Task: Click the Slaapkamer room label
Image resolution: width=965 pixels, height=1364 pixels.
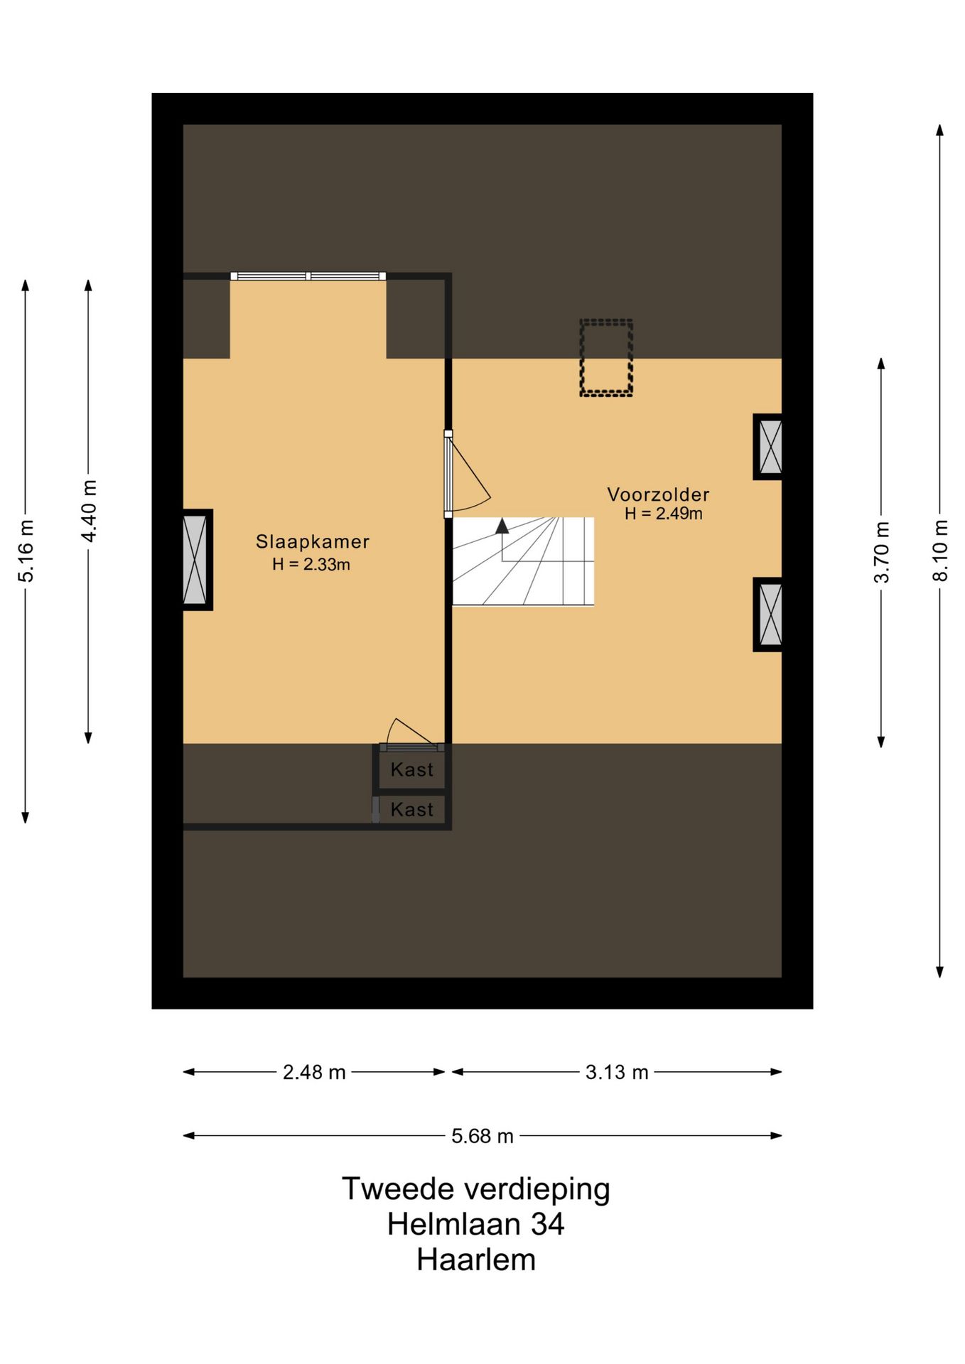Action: point(313,541)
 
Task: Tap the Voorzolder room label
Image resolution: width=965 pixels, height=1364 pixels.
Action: point(658,494)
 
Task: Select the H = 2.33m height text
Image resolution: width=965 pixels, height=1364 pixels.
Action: point(311,565)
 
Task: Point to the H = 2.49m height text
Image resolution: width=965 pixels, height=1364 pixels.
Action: point(664,514)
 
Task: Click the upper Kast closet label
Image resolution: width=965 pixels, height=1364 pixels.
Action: point(412,769)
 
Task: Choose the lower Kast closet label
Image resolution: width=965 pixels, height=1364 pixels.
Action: point(412,809)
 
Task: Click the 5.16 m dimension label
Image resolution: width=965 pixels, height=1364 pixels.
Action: point(26,551)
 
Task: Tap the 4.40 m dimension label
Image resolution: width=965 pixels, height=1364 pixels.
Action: point(89,511)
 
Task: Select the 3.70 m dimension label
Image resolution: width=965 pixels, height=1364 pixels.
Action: point(881,552)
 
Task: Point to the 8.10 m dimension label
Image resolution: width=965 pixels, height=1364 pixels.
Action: point(940,551)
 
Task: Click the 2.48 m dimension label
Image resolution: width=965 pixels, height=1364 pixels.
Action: point(314,1072)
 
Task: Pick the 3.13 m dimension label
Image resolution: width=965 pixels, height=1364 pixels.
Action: point(617,1072)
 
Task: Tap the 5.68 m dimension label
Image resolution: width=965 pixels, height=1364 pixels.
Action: point(482,1136)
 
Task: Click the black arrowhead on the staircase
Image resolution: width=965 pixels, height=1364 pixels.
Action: point(502,526)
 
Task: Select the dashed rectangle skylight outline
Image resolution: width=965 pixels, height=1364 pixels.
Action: point(606,320)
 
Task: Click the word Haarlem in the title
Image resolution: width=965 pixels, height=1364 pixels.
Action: point(476,1260)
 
